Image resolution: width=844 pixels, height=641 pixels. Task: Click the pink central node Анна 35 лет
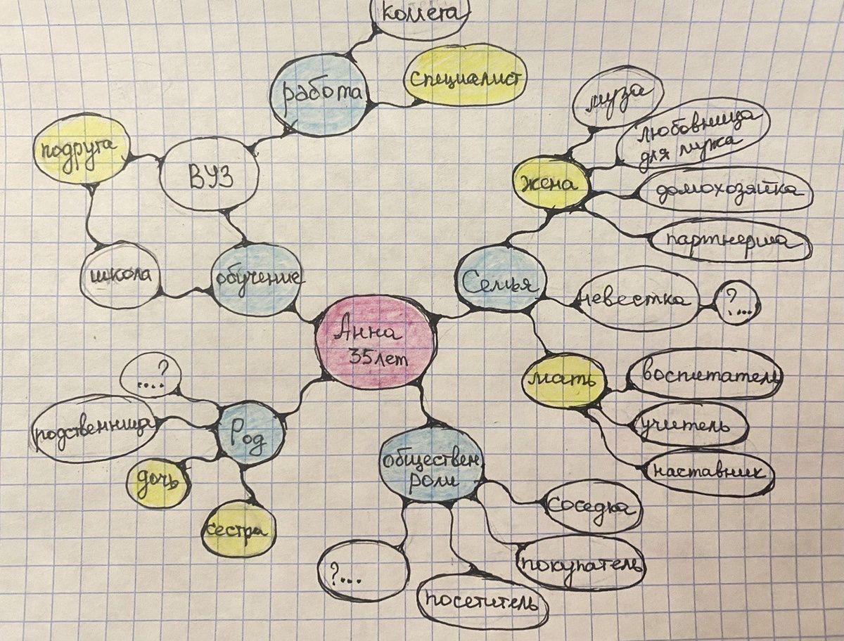click(x=374, y=342)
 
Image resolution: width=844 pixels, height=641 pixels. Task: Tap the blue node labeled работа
click(x=319, y=96)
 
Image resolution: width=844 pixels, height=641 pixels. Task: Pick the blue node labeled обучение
click(x=257, y=278)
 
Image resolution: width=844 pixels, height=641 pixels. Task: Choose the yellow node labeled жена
click(x=551, y=184)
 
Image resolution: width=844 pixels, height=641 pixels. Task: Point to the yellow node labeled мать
click(x=564, y=380)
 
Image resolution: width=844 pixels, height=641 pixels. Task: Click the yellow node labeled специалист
click(x=465, y=75)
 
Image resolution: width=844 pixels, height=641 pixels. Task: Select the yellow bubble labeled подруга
click(x=81, y=149)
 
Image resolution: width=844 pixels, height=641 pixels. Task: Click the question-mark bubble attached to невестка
click(x=736, y=303)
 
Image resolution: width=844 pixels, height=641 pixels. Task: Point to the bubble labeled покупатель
click(x=580, y=563)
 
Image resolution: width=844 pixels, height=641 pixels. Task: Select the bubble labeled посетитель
click(x=482, y=601)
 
